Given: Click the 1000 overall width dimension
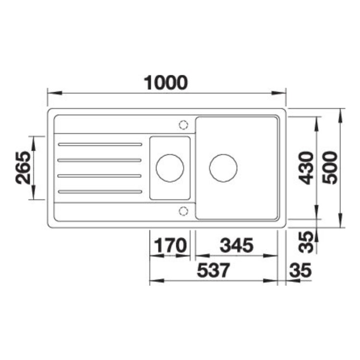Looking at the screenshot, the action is tap(166, 83).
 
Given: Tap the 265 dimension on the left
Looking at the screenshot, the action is tap(23, 168).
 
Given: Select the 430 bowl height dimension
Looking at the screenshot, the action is tap(307, 168).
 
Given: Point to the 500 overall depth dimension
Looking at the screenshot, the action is tap(330, 168).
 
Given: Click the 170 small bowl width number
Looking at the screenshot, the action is tap(170, 245).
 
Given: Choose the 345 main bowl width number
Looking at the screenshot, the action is tap(237, 245).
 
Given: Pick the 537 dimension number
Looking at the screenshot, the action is tap(213, 270).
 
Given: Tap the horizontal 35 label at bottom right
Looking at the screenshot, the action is tap(300, 270).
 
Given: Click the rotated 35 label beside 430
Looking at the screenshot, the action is tap(307, 242).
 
